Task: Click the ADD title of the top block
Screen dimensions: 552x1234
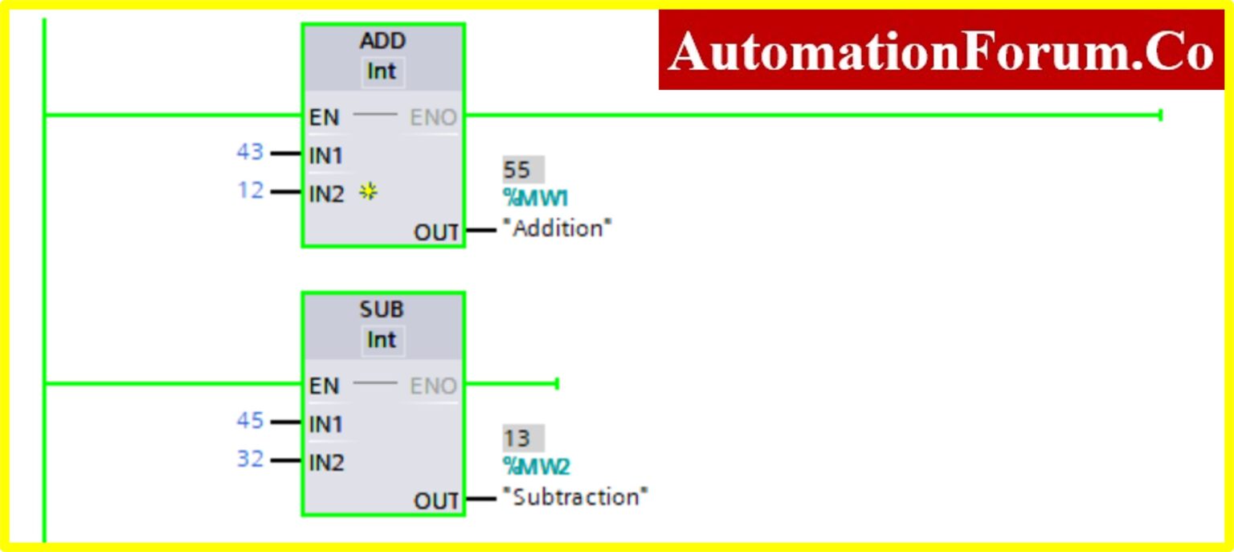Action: (x=382, y=41)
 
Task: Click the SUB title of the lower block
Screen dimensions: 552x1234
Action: (x=382, y=309)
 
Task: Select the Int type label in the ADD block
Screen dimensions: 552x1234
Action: (x=382, y=72)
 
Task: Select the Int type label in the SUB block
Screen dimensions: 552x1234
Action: (x=382, y=340)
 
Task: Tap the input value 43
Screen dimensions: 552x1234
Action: (x=250, y=152)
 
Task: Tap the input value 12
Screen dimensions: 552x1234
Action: (x=250, y=190)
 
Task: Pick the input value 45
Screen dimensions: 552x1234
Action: (x=250, y=420)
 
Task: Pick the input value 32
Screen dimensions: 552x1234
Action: (x=250, y=459)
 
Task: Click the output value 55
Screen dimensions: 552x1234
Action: (x=517, y=170)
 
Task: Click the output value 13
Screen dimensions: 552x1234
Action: (x=517, y=438)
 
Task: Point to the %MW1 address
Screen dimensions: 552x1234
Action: (x=536, y=198)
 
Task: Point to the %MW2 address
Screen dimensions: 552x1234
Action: (x=537, y=466)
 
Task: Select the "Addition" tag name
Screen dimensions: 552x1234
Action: (x=558, y=228)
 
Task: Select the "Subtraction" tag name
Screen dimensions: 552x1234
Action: (x=575, y=497)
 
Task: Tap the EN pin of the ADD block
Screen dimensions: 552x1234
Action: (x=325, y=117)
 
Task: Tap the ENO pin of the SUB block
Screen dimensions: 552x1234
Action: (x=433, y=386)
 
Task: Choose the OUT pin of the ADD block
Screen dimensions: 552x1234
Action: (x=436, y=232)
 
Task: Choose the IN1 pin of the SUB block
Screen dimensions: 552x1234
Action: (x=326, y=423)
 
